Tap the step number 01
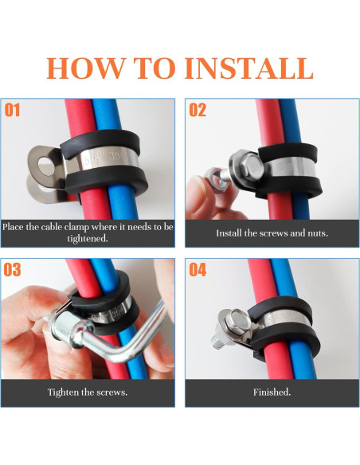coord(14,110)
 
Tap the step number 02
coord(198,110)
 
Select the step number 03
coord(13,270)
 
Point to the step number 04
coord(198,270)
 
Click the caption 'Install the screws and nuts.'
coord(272,233)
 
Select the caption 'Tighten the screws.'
coord(87,393)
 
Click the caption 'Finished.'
coord(272,393)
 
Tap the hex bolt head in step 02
coord(239,168)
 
